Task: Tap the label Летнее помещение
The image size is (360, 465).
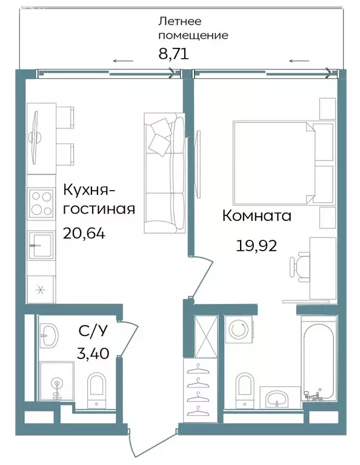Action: (192, 28)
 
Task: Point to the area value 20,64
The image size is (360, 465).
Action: (84, 233)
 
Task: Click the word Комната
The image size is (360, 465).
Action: (256, 216)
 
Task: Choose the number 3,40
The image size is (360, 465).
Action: (94, 353)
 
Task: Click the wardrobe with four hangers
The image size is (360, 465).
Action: (196, 387)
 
